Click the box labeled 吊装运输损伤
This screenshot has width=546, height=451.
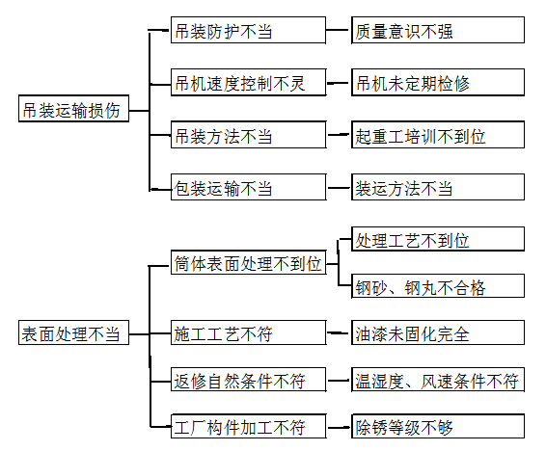coord(73,110)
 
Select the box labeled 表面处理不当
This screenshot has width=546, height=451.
coord(73,334)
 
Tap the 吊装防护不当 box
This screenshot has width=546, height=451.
coord(248,31)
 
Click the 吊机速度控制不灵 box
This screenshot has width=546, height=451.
coord(248,83)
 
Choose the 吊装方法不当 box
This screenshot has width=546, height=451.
coord(248,136)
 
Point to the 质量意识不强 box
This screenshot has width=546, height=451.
coord(437,31)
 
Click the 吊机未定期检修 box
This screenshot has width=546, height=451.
coord(437,83)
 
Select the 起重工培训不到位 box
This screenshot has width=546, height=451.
coord(437,136)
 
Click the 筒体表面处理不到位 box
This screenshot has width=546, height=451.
coord(248,263)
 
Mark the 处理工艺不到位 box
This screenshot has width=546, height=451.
coord(437,239)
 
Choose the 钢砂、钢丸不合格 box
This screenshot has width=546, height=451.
coord(437,287)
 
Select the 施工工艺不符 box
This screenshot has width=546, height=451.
coord(248,334)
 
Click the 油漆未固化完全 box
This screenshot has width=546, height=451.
coord(437,334)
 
